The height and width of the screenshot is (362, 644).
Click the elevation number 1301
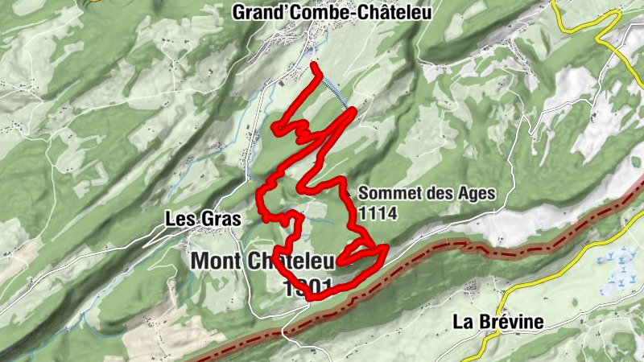tap(308, 288)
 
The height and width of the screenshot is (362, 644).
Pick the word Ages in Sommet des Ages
tap(474, 194)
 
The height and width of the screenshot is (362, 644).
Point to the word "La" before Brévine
tap(462, 322)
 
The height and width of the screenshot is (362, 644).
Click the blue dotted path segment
tap(335, 90)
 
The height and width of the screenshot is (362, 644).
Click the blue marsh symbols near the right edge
tap(614, 265)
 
